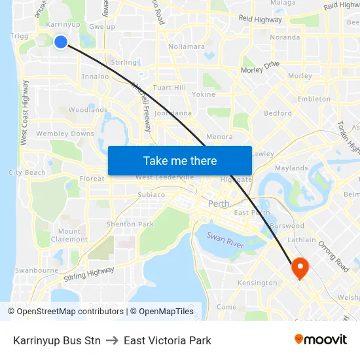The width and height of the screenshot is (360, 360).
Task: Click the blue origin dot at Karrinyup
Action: point(61,42)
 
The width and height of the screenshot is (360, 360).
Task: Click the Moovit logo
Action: point(321,340)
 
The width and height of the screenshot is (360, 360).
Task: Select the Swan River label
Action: point(225,240)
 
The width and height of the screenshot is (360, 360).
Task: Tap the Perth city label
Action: point(219,204)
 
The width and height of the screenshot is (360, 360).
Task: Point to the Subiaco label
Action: point(151,194)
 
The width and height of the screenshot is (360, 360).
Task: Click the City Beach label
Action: point(27,173)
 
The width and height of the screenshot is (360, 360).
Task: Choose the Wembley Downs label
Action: point(65,134)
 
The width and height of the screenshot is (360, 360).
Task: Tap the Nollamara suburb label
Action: point(187,46)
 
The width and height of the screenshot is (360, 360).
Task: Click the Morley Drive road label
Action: point(261,68)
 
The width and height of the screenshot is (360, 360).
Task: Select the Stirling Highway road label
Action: point(90,274)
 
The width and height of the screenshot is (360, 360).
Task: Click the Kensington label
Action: point(258,283)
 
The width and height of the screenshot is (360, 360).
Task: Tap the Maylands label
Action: point(291,168)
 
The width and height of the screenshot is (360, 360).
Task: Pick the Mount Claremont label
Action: point(69,235)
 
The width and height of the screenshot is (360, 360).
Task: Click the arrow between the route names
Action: point(112,340)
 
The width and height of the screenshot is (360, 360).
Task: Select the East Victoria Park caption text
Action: point(167,340)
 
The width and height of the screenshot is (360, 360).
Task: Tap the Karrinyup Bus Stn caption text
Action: point(57,340)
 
